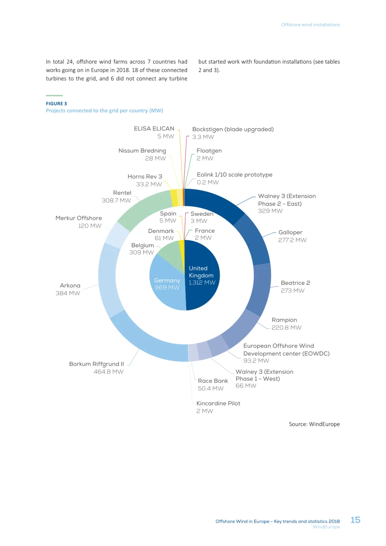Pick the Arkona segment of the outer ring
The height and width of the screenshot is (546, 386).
click(107, 279)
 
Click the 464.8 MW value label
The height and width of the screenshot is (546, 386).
click(108, 372)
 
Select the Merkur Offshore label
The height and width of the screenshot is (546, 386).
click(79, 218)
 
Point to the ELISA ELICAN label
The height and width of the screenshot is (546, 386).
click(154, 129)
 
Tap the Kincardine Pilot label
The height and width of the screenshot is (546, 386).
click(218, 403)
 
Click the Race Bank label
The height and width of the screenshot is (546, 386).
click(213, 381)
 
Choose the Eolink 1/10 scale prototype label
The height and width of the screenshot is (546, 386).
click(234, 174)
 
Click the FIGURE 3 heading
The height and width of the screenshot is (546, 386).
click(56, 104)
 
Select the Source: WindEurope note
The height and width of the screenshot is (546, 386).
click(314, 424)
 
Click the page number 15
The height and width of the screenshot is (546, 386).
click(355, 520)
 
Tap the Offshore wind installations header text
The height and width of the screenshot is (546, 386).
click(310, 25)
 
